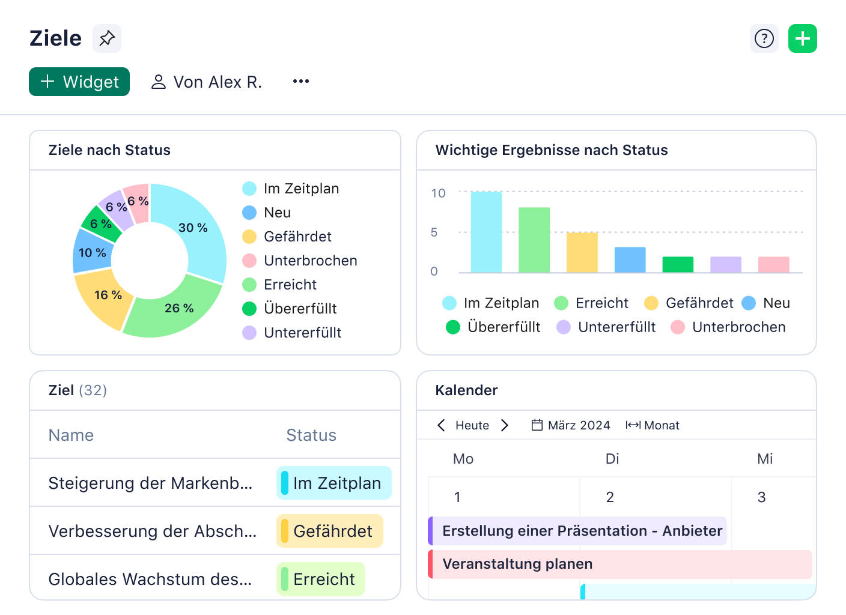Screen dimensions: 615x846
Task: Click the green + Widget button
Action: click(79, 82)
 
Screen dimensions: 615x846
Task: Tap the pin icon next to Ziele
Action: click(107, 38)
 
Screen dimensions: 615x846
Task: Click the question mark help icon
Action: click(764, 39)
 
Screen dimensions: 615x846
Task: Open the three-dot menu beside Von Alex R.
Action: click(300, 82)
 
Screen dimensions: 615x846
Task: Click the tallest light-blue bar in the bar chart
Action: click(486, 232)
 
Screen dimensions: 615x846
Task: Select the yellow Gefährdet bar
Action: click(582, 252)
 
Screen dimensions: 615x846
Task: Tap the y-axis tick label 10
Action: click(438, 193)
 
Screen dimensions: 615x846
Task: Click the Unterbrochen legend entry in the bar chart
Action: click(728, 327)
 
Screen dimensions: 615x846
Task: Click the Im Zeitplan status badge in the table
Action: click(334, 483)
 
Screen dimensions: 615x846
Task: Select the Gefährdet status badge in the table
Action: click(330, 531)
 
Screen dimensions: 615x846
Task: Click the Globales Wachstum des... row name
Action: click(150, 579)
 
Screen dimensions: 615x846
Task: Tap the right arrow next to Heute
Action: click(505, 425)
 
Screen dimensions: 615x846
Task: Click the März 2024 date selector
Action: click(571, 425)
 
